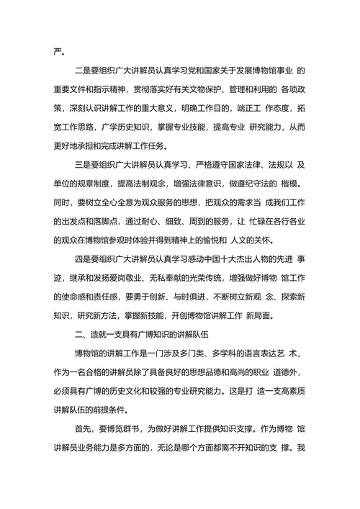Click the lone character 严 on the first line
tap(60, 51)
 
